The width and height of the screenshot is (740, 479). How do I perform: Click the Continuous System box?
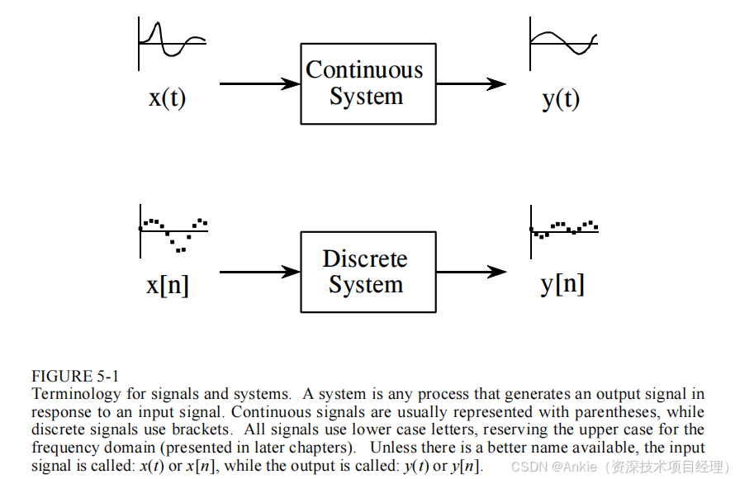pyautogui.click(x=368, y=83)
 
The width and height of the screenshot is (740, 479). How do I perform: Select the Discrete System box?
pyautogui.click(x=368, y=272)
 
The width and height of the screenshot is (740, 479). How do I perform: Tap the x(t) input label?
pyautogui.click(x=168, y=98)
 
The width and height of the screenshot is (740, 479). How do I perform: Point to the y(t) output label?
pyautogui.click(x=561, y=99)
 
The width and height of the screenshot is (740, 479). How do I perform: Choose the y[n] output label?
pyautogui.click(x=562, y=284)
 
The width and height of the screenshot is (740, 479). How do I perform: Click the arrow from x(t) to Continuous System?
pyautogui.click(x=259, y=83)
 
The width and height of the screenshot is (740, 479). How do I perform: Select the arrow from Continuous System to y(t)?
pyautogui.click(x=471, y=83)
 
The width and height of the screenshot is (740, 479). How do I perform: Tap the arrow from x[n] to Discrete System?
pyautogui.click(x=259, y=271)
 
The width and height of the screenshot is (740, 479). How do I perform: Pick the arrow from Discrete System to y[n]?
pyautogui.click(x=471, y=271)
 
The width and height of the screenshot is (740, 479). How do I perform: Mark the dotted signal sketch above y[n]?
pyautogui.click(x=564, y=229)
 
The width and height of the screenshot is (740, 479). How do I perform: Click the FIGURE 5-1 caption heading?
pyautogui.click(x=75, y=377)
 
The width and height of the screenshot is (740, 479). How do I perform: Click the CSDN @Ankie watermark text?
pyautogui.click(x=619, y=467)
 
